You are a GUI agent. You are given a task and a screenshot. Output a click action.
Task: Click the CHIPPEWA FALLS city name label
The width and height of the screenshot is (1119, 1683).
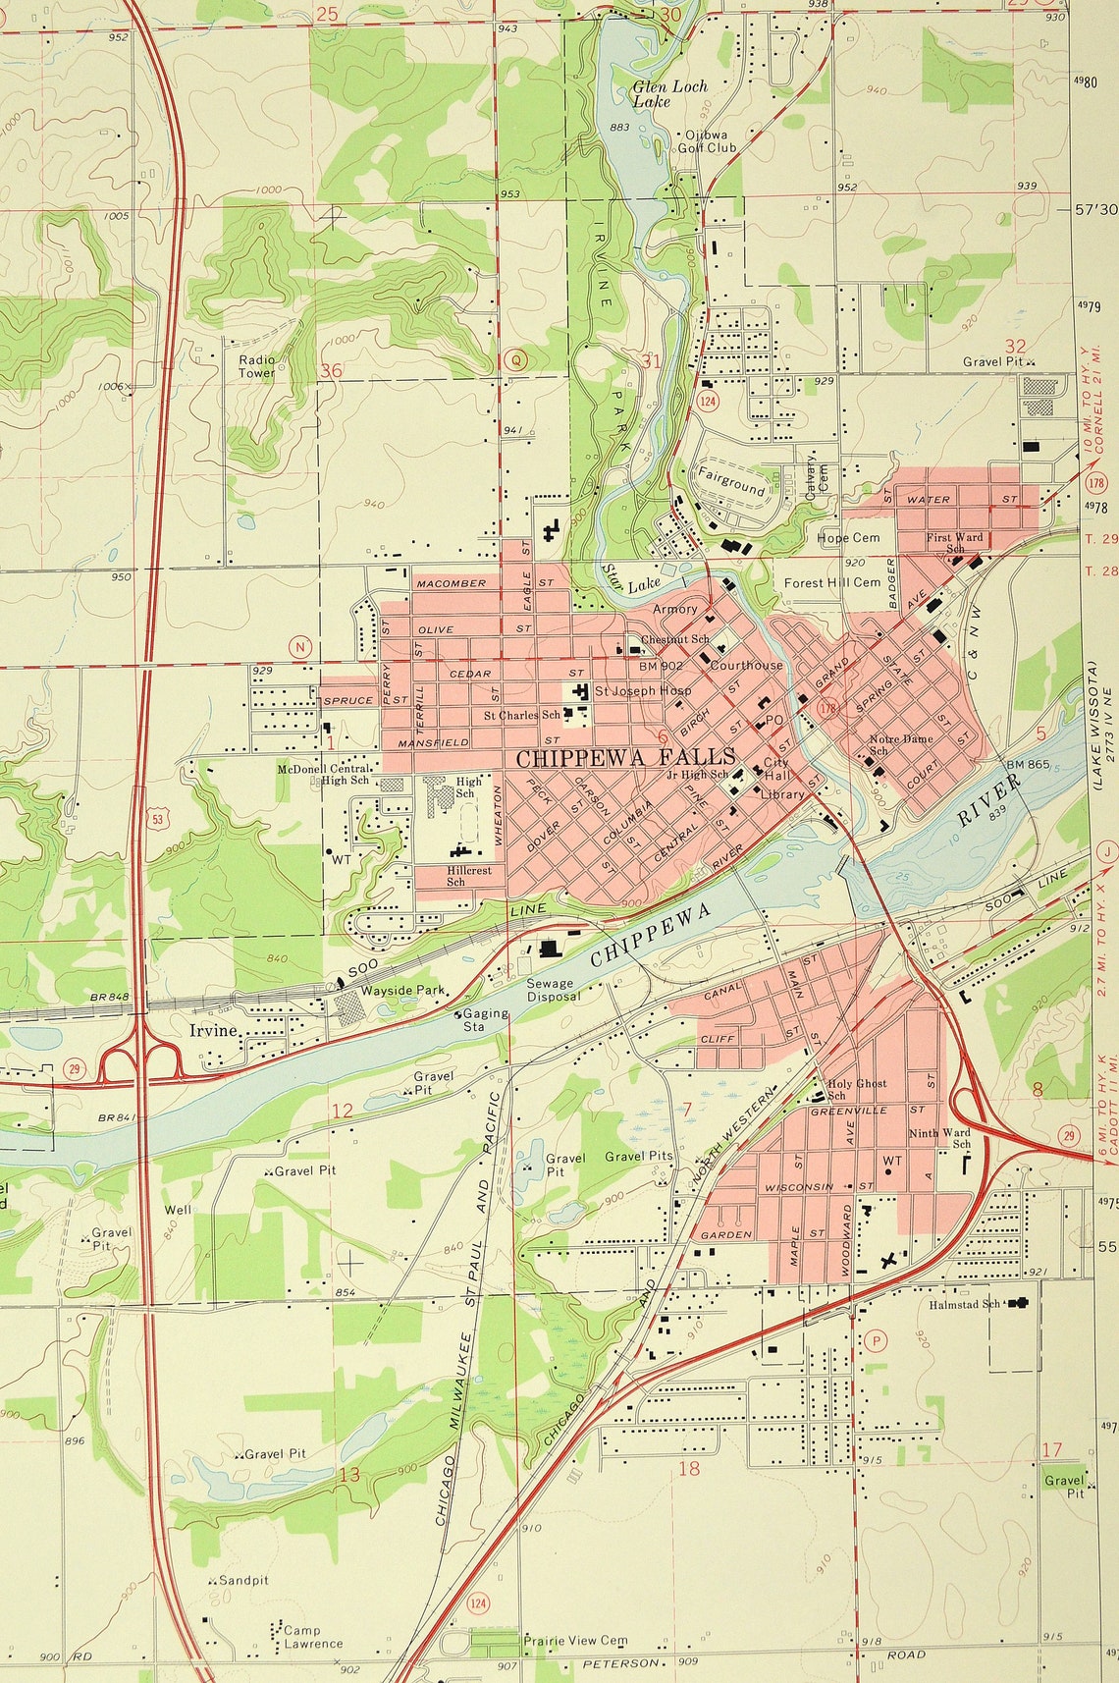tap(625, 757)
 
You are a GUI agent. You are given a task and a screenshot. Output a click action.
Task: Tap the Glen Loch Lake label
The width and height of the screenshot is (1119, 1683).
tap(669, 93)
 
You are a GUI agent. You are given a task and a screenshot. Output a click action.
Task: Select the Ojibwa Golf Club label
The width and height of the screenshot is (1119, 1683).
tap(706, 141)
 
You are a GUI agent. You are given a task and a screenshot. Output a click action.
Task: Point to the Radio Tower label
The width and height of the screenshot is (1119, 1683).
tap(257, 366)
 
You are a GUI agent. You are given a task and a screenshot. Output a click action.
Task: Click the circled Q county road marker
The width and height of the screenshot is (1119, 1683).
tap(516, 360)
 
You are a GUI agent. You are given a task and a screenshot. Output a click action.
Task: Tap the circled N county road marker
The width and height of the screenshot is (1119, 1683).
tap(301, 647)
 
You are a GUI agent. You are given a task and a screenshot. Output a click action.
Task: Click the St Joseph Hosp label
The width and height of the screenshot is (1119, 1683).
tap(642, 690)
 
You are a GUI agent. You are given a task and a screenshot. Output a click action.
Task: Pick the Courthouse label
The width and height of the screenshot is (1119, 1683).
tap(746, 665)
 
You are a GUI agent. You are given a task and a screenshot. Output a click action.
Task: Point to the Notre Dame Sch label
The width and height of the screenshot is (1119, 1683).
tap(900, 744)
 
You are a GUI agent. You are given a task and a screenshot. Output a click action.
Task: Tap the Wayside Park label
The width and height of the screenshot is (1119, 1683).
tap(402, 991)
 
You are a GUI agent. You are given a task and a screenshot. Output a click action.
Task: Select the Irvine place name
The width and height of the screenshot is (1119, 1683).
tap(214, 1030)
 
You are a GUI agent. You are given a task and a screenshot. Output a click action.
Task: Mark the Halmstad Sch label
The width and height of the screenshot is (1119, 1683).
tap(965, 1304)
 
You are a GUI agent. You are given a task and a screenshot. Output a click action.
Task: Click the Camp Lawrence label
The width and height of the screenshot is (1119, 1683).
tap(312, 1637)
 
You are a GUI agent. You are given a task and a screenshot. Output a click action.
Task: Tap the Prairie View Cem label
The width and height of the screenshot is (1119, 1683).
tap(575, 1640)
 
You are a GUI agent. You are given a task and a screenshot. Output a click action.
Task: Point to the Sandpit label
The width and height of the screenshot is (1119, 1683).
tap(242, 1581)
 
